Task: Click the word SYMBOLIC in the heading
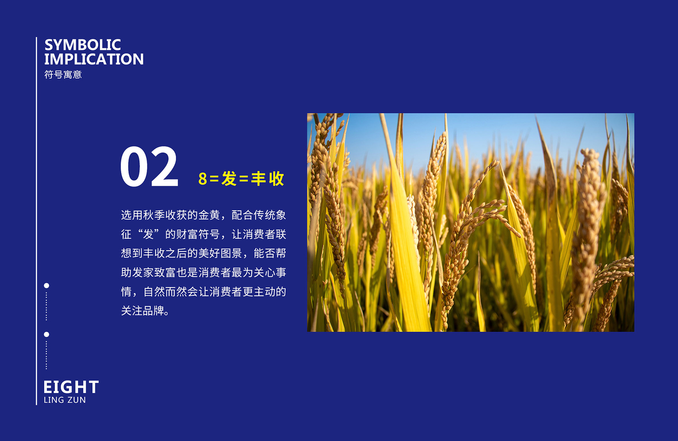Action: [83, 45]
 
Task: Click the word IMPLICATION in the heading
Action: [94, 59]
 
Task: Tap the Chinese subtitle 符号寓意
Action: [63, 75]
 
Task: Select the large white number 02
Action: [149, 166]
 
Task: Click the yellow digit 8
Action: [203, 179]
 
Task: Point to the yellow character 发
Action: [229, 178]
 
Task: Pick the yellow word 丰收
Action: [268, 178]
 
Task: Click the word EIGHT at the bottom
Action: [71, 387]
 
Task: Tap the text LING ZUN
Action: [65, 400]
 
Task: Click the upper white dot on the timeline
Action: [46, 285]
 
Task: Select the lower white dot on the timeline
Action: [46, 334]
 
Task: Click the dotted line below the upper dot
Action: [46, 306]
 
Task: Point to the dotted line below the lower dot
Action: [46, 355]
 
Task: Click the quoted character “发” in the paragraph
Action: [148, 234]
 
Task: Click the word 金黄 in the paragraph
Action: [209, 215]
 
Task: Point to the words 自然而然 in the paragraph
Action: [165, 292]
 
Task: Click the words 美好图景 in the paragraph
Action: [220, 253]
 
